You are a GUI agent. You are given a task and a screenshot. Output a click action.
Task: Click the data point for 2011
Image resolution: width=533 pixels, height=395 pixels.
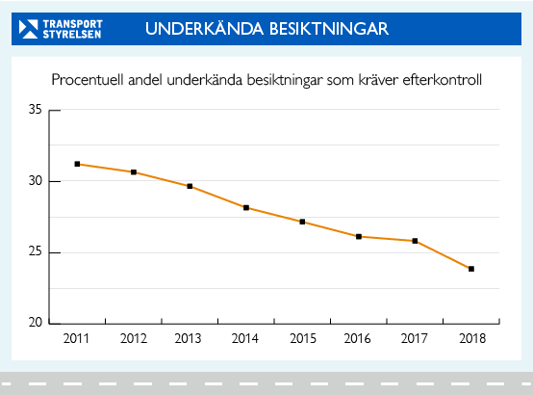pyautogui.click(x=77, y=164)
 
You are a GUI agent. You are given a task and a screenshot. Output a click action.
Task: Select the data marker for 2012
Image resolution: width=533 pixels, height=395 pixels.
pyautogui.click(x=134, y=171)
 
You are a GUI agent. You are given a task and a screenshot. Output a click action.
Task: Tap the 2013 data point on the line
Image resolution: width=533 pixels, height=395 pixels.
pyautogui.click(x=190, y=186)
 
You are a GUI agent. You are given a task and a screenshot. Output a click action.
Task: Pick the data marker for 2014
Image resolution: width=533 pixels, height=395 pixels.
pyautogui.click(x=246, y=207)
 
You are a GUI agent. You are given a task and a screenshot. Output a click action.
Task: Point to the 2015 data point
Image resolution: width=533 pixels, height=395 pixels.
pyautogui.click(x=302, y=222)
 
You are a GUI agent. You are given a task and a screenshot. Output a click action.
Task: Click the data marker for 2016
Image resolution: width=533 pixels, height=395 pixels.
pyautogui.click(x=359, y=236)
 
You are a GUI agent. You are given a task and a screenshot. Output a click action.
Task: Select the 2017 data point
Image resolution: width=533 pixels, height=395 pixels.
pyautogui.click(x=415, y=241)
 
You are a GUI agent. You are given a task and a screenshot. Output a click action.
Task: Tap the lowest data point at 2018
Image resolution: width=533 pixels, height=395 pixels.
pyautogui.click(x=471, y=269)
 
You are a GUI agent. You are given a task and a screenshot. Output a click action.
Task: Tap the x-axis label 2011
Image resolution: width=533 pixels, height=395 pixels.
pyautogui.click(x=77, y=339)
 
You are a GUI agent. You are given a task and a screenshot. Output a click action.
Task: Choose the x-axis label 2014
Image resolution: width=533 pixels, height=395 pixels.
pyautogui.click(x=246, y=339)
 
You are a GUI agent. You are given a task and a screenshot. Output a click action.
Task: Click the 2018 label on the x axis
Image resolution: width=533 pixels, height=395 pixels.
pyautogui.click(x=471, y=339)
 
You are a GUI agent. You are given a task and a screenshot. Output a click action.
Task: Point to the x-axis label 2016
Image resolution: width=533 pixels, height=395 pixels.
pyautogui.click(x=359, y=339)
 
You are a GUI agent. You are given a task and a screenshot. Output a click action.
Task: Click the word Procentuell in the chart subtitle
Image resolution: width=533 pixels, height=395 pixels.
pyautogui.click(x=85, y=79)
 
